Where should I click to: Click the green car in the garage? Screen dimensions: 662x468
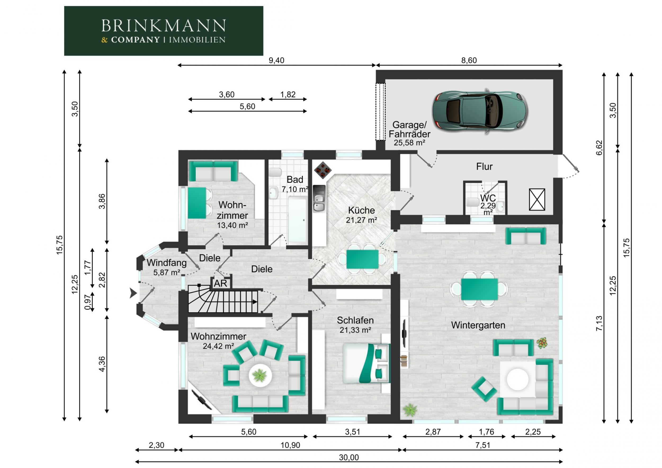pos(480,111)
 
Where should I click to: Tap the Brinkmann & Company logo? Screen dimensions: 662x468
pos(163,31)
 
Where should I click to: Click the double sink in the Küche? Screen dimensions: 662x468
pos(319,198)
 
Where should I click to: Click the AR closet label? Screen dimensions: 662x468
pos(221,283)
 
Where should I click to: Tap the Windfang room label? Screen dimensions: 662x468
pos(167,263)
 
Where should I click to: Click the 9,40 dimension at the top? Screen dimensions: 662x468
pos(276,60)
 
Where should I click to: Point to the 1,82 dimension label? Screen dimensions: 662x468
pos(288,95)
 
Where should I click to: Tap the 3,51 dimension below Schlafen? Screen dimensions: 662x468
pos(352,432)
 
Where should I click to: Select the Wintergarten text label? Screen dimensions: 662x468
pos(478,325)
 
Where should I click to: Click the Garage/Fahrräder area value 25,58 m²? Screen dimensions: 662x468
pos(409,143)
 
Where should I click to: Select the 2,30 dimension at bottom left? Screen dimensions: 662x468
pos(156,445)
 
